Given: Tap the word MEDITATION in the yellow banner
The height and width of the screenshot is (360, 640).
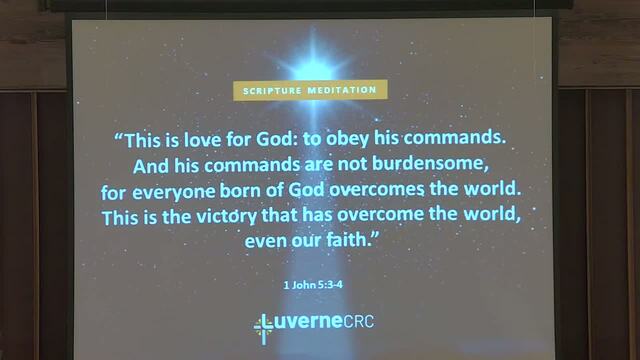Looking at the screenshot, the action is pyautogui.click(x=342, y=90).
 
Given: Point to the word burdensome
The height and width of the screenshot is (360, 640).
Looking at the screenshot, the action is pyautogui.click(x=430, y=164).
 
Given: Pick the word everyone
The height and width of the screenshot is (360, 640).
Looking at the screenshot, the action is pyautogui.click(x=173, y=192).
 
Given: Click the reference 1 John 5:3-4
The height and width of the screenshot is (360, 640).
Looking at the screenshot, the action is pyautogui.click(x=313, y=284).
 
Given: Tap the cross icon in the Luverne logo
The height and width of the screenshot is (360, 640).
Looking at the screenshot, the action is pyautogui.click(x=263, y=329).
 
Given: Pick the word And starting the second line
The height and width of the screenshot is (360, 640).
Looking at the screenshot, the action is pyautogui.click(x=151, y=167).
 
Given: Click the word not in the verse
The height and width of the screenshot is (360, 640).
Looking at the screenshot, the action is pyautogui.click(x=353, y=164).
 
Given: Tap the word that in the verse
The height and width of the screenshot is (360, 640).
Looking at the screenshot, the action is pyautogui.click(x=280, y=215).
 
